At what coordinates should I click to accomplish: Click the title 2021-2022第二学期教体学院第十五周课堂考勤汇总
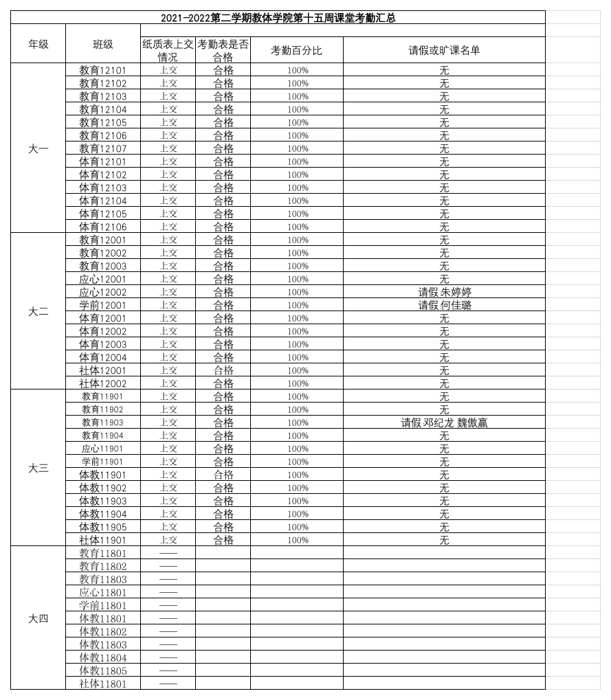(x=278, y=18)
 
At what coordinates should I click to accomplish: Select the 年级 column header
(x=38, y=44)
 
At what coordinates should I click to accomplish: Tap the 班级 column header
(x=102, y=44)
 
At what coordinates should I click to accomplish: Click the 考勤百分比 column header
(x=296, y=50)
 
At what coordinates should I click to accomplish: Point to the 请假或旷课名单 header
(x=444, y=50)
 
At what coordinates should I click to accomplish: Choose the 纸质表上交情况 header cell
(x=168, y=50)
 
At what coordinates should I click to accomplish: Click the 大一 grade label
(x=38, y=148)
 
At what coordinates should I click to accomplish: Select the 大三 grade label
(x=38, y=468)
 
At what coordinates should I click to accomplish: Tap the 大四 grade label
(x=38, y=618)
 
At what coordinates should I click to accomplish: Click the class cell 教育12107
(x=102, y=148)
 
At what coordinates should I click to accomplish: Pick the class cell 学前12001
(x=102, y=305)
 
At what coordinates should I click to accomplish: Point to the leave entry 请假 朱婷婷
(x=444, y=292)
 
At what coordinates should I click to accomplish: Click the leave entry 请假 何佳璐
(x=444, y=305)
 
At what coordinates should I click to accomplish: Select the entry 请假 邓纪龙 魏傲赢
(x=444, y=422)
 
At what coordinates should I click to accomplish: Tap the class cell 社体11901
(x=102, y=540)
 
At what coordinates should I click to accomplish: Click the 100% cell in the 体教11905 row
(x=298, y=527)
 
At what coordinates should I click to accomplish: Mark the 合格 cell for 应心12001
(x=223, y=279)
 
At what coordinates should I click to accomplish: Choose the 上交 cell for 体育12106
(x=168, y=227)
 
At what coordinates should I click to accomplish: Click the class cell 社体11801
(x=102, y=684)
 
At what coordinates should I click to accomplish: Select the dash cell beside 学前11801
(x=168, y=605)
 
